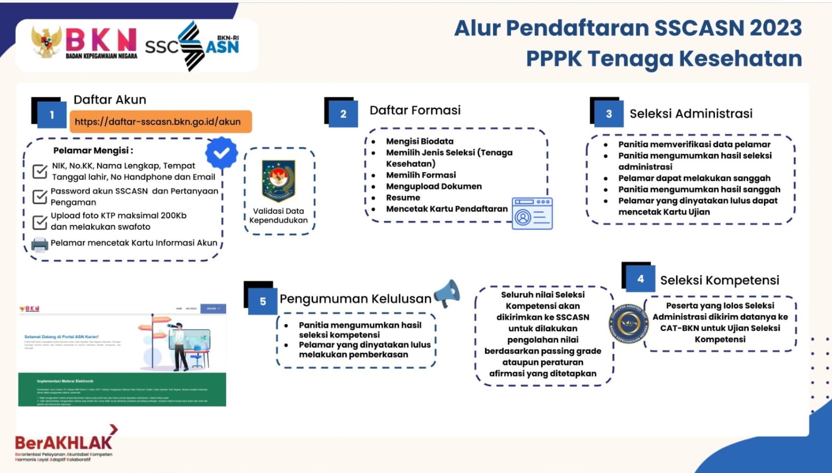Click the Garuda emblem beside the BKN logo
tap(46, 42)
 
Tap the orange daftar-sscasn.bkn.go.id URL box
tap(160, 122)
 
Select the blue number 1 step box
tap(52, 115)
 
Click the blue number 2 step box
tap(343, 114)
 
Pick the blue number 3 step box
tap(608, 114)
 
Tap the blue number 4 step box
tap(640, 279)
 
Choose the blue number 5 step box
tap(263, 301)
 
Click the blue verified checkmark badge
tap(221, 153)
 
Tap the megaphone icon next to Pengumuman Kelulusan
tap(447, 293)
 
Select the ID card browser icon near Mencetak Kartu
tap(532, 213)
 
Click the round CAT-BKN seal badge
tap(629, 323)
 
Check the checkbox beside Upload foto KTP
tap(40, 222)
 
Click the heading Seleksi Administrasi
tap(691, 114)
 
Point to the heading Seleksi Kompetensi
tap(719, 280)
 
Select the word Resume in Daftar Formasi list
tap(403, 198)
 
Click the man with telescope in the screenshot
tap(179, 345)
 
